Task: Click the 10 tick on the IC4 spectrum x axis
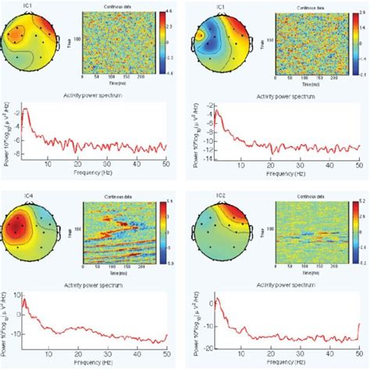click(x=48, y=354)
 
